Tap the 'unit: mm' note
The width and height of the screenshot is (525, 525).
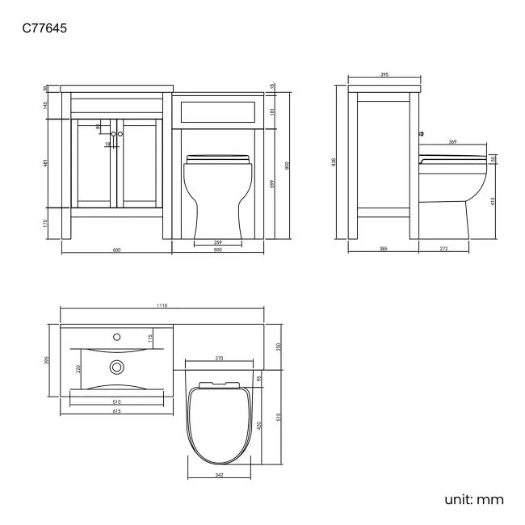(x=474, y=500)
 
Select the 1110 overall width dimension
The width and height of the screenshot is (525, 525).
(x=162, y=306)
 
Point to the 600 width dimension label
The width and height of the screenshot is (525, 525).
(x=116, y=250)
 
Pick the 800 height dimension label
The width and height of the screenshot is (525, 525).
(x=288, y=165)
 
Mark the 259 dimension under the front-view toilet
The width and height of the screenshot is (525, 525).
(x=217, y=243)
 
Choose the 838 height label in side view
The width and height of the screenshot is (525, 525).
(x=334, y=162)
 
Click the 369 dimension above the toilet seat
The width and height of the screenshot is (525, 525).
(x=452, y=142)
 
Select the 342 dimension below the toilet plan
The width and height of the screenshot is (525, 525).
(x=219, y=476)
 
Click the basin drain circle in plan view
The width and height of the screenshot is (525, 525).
(x=117, y=367)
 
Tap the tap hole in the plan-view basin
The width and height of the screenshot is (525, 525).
(x=116, y=333)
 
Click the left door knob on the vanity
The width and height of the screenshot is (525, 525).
(x=113, y=133)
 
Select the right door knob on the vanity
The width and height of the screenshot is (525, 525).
(x=120, y=133)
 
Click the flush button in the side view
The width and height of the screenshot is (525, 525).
(x=422, y=132)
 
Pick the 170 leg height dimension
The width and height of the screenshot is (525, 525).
(x=47, y=223)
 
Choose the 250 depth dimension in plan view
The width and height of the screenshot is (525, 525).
(x=279, y=346)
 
